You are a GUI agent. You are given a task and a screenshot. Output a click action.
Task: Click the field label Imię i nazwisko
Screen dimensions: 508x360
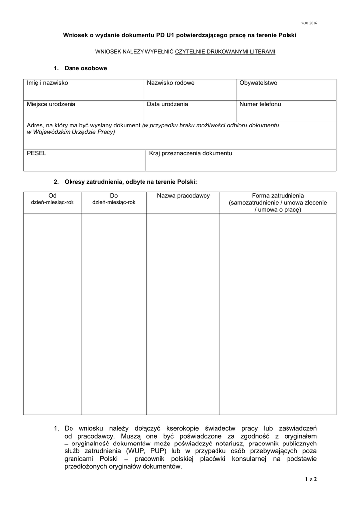47,83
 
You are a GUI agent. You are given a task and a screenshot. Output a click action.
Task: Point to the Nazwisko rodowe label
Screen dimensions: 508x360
170,83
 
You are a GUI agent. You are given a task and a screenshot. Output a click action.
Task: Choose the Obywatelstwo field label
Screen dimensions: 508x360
258,83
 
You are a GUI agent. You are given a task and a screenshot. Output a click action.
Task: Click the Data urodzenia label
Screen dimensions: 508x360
167,104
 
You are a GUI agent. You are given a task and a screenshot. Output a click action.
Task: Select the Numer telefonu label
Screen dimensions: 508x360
260,104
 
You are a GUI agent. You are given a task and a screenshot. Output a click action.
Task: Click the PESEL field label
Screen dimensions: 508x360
36,153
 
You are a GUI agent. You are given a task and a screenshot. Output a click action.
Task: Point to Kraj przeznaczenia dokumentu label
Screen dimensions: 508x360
191,153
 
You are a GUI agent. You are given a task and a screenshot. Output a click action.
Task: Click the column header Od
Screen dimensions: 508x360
52,196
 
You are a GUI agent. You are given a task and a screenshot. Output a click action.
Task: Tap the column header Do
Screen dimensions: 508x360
113,196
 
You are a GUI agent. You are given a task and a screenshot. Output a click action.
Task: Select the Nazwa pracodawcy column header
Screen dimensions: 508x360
183,196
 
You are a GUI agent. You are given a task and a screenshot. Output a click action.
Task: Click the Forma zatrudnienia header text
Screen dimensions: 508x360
278,196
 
